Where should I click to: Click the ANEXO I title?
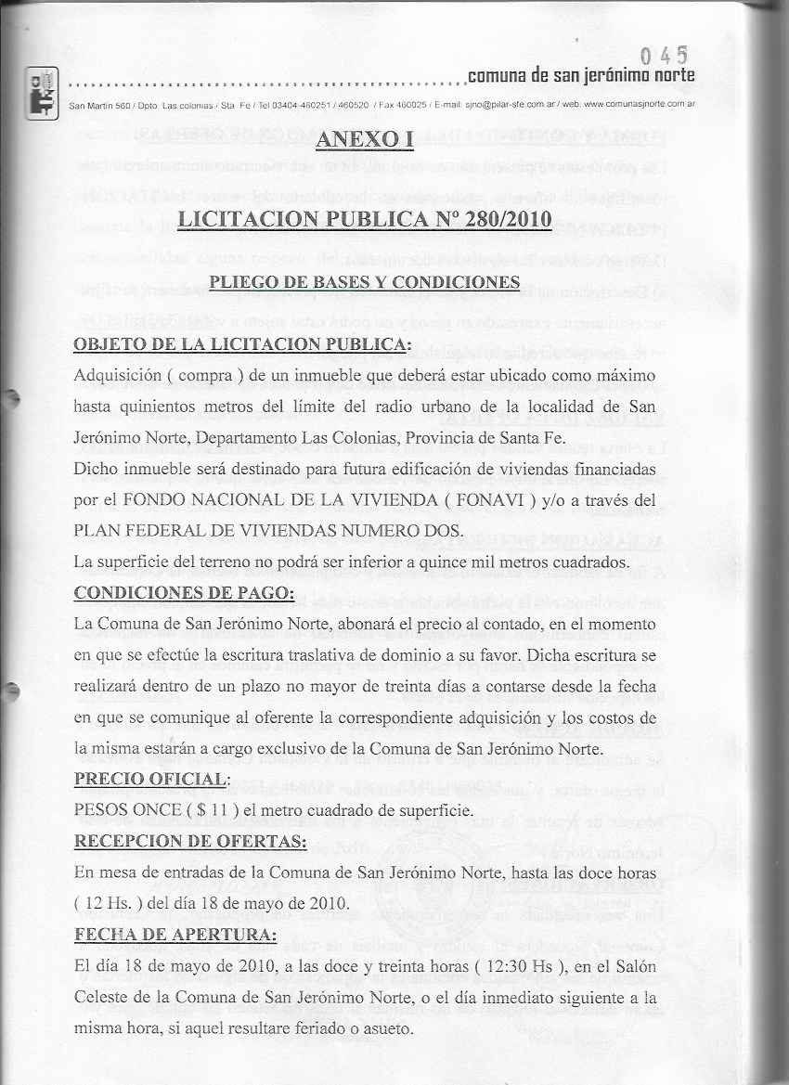pyautogui.click(x=363, y=140)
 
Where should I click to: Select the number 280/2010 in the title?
pyautogui.click(x=499, y=220)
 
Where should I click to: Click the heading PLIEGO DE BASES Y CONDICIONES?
pyautogui.click(x=364, y=281)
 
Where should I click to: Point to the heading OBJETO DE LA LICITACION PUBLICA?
pyautogui.click(x=241, y=344)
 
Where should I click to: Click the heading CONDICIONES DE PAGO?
pyautogui.click(x=184, y=593)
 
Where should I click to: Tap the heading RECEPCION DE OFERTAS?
pyautogui.click(x=190, y=841)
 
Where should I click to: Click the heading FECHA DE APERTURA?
pyautogui.click(x=175, y=935)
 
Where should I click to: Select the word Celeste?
pyautogui.click(x=102, y=998)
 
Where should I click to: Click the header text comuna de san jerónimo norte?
pyautogui.click(x=580, y=74)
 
